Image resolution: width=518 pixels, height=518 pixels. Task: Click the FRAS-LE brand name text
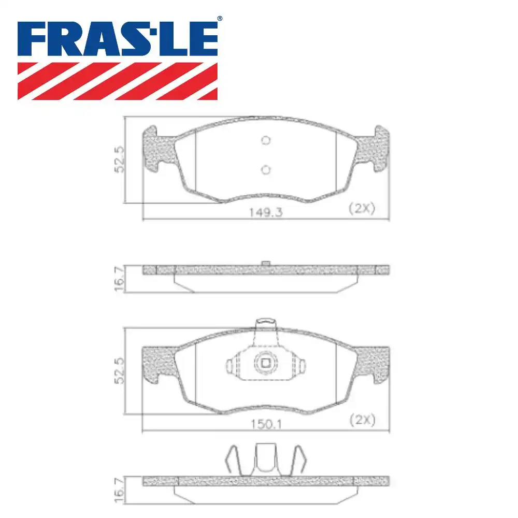pyautogui.click(x=118, y=39)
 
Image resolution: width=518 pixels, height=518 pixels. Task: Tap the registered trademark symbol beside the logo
pyautogui.click(x=219, y=19)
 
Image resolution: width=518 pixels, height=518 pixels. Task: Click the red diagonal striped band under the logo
pyautogui.click(x=118, y=81)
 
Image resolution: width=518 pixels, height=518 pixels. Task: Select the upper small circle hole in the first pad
pyautogui.click(x=266, y=140)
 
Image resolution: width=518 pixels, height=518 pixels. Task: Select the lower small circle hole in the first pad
pyautogui.click(x=266, y=169)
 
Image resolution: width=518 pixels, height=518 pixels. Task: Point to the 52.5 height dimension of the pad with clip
pyautogui.click(x=120, y=370)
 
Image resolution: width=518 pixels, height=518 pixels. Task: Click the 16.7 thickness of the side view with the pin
pyautogui.click(x=120, y=279)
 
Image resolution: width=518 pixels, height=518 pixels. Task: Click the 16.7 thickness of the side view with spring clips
pyautogui.click(x=120, y=488)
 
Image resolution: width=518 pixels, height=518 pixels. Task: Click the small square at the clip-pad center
pyautogui.click(x=266, y=363)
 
